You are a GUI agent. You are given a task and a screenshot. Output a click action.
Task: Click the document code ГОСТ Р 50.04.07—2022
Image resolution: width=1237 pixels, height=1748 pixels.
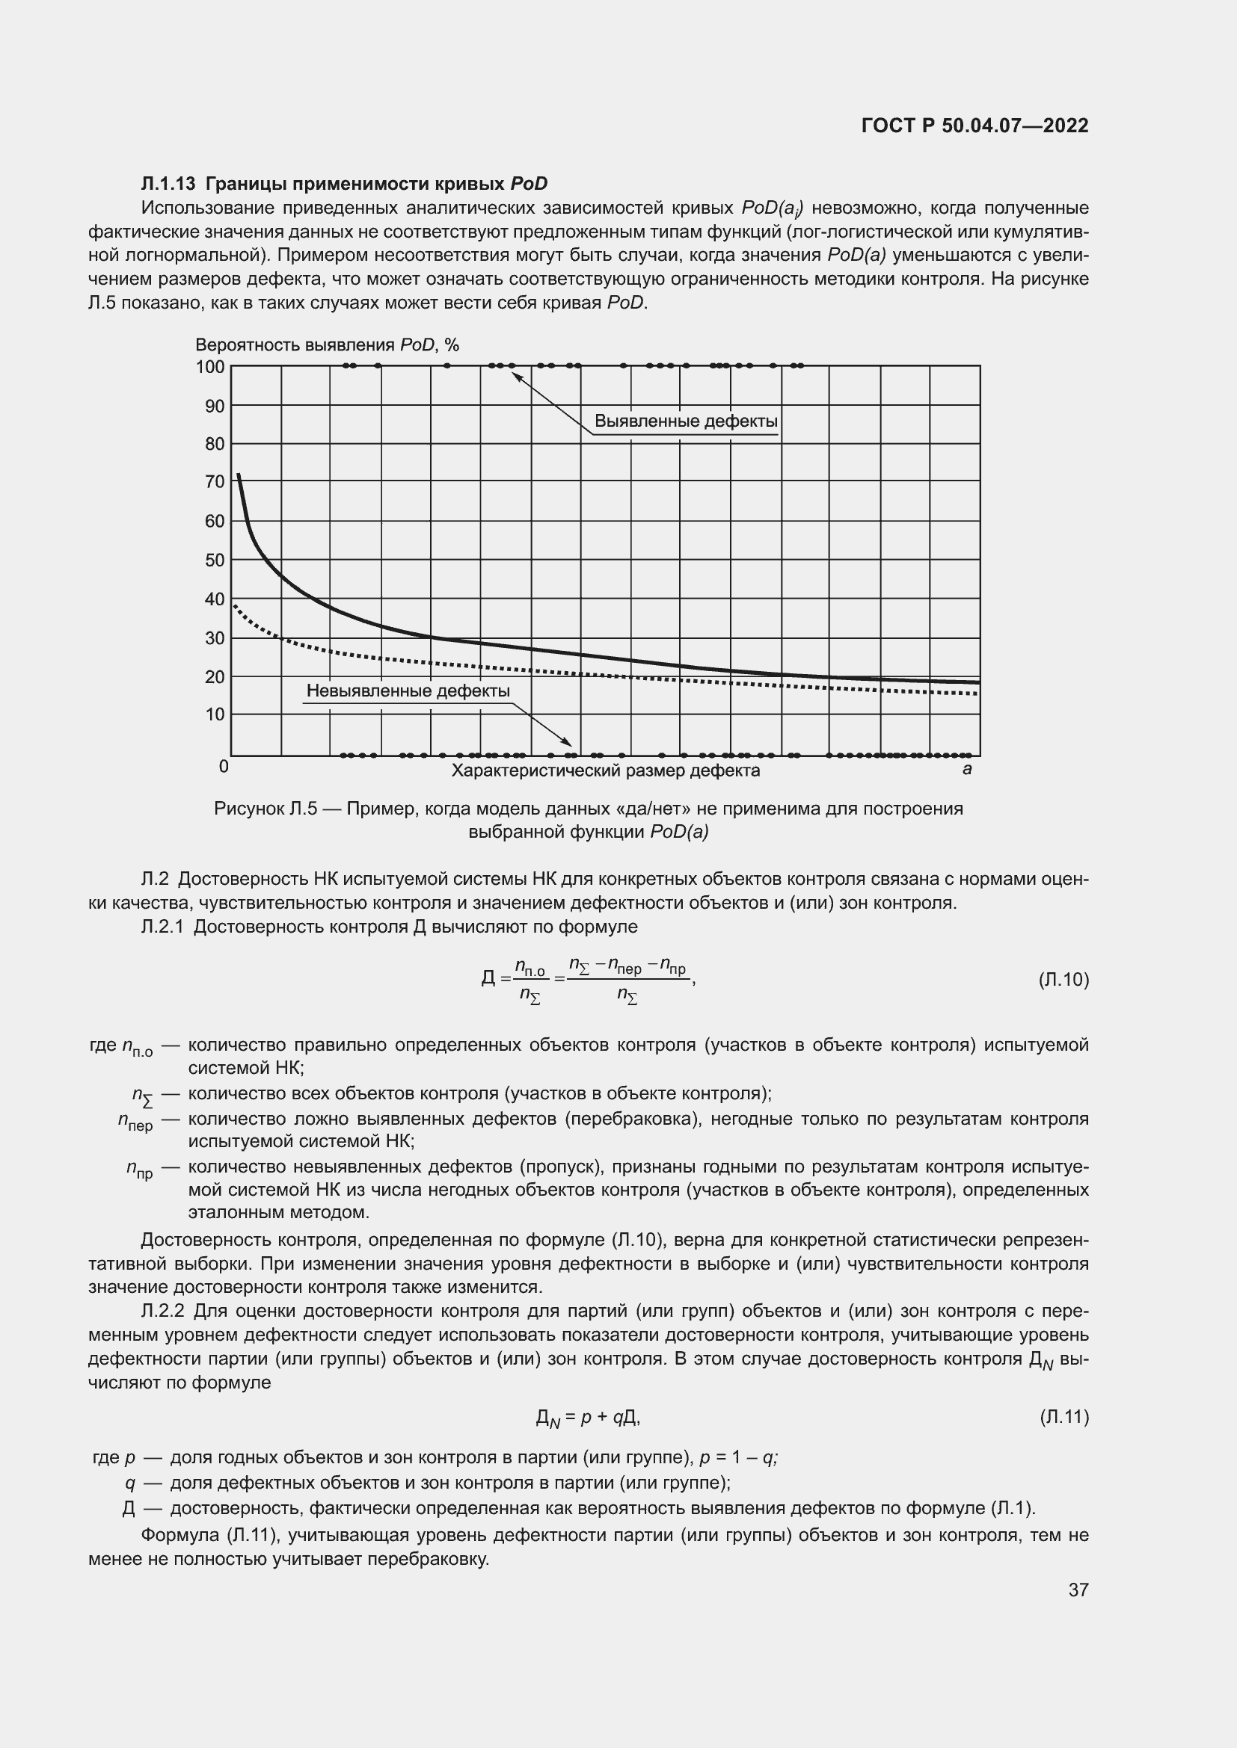pos(974,126)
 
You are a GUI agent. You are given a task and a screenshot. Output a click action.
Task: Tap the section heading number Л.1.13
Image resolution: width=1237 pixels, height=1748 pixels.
pos(168,184)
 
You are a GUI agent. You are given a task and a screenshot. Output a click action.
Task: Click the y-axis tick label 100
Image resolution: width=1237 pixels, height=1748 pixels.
pos(210,367)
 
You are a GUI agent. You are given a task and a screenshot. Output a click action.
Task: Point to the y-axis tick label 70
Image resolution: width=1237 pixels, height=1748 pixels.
pos(215,482)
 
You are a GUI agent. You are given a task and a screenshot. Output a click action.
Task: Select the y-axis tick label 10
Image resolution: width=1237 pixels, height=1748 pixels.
pos(215,714)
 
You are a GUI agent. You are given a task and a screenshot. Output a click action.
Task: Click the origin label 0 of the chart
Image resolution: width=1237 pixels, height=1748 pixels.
pos(223,767)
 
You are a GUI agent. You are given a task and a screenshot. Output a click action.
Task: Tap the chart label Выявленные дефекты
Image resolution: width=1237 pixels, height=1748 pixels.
pos(686,421)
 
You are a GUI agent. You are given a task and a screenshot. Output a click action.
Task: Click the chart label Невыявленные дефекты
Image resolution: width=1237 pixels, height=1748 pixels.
pos(408,691)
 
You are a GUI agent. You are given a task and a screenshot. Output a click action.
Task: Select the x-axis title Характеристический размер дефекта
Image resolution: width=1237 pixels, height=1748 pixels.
pos(606,770)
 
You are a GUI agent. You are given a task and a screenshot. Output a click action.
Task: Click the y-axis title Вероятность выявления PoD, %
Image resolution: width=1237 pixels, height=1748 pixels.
pos(327,345)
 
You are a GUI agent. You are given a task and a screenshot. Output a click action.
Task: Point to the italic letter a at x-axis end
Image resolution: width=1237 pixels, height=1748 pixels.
pos(966,769)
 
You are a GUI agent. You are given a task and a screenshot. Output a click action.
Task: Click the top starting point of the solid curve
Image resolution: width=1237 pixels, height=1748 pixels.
pos(239,475)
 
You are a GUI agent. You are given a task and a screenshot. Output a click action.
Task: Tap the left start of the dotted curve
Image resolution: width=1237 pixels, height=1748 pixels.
pos(235,605)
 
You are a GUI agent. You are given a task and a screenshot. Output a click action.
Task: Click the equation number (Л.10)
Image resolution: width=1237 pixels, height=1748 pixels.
pos(1063,979)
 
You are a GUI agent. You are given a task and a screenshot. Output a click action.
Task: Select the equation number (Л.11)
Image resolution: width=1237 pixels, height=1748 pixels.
pos(1063,1416)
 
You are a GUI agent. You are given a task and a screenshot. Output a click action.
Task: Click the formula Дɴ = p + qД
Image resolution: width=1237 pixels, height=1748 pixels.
pos(587,1417)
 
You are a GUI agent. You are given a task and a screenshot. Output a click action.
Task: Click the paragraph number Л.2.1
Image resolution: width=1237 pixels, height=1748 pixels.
pos(163,927)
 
